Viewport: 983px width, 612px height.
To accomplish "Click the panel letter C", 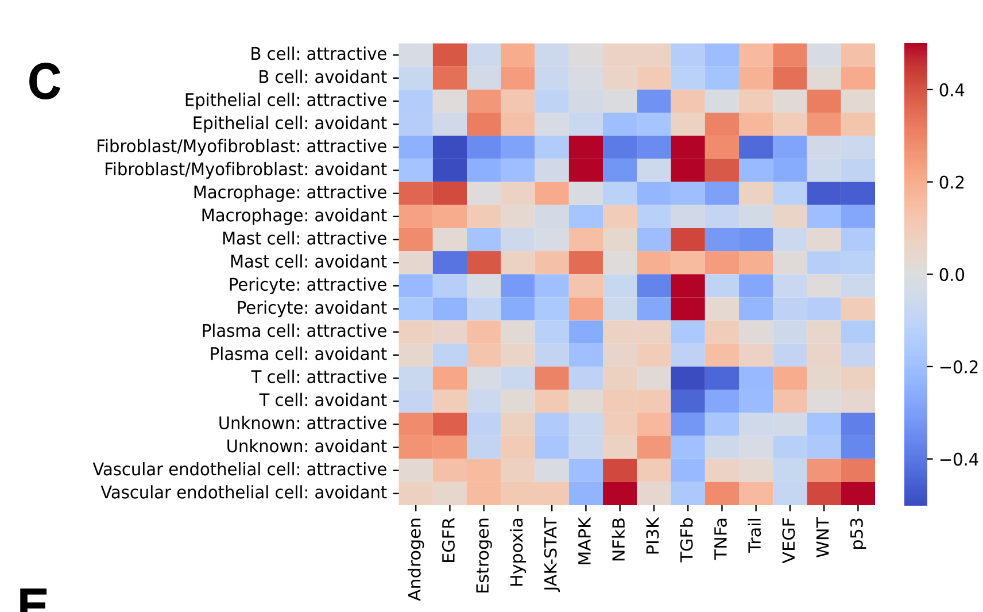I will (44, 82).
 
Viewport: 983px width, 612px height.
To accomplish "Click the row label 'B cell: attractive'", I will (319, 54).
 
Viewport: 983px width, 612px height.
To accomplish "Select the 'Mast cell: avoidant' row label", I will (308, 262).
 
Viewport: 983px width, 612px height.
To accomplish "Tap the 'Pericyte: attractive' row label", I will (308, 285).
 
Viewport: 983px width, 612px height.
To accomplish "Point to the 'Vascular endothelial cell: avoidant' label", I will (244, 493).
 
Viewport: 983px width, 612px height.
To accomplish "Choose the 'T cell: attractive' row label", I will (319, 378).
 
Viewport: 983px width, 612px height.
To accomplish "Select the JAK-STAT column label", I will (551, 554).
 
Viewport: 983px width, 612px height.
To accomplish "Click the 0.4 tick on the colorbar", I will (951, 90).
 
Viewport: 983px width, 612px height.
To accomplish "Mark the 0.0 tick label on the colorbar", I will (951, 275).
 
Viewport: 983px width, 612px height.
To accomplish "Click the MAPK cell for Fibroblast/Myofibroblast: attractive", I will (586, 147).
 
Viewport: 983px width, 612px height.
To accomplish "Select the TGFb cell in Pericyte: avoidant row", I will (688, 308).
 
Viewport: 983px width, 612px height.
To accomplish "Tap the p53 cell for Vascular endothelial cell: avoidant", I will (858, 493).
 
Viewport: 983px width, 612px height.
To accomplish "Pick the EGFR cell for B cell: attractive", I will (450, 54).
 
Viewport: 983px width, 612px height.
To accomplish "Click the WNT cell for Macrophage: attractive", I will (824, 193).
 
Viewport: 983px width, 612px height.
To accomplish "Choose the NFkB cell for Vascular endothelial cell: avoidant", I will (620, 493).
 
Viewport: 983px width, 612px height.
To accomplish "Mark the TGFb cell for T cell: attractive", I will (688, 378).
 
